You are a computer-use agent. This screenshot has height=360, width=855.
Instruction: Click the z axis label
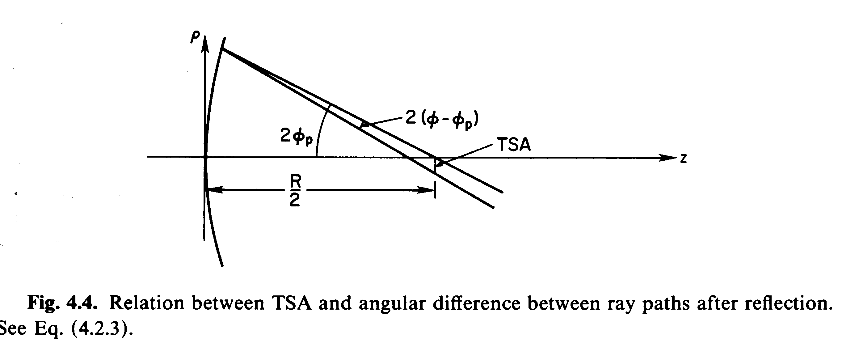click(x=683, y=159)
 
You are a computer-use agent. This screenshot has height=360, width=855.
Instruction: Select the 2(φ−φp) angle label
click(x=442, y=120)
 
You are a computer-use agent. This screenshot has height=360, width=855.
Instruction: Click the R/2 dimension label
click(x=295, y=191)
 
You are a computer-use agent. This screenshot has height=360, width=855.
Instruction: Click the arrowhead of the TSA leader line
click(x=439, y=163)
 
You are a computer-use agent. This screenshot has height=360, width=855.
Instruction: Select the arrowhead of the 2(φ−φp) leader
click(x=365, y=125)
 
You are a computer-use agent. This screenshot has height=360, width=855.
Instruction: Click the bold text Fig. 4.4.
click(x=62, y=303)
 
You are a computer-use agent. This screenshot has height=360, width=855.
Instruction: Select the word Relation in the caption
click(x=146, y=303)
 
